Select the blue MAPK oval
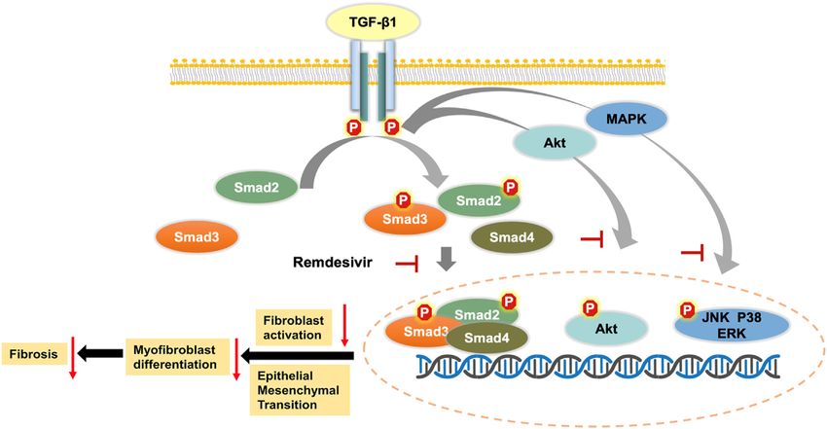626,119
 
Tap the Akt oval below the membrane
555,142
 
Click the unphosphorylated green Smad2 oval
256,187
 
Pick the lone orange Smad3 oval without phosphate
197,237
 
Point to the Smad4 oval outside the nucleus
512,237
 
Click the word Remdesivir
333,262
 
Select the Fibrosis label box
34,354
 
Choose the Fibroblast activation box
293,327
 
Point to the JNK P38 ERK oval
732,325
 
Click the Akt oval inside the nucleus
606,329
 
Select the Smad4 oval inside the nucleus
486,338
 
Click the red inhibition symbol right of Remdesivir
408,263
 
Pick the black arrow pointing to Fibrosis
101,353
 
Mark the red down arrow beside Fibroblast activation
345,325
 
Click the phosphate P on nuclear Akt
590,307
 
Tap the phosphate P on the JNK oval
687,310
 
